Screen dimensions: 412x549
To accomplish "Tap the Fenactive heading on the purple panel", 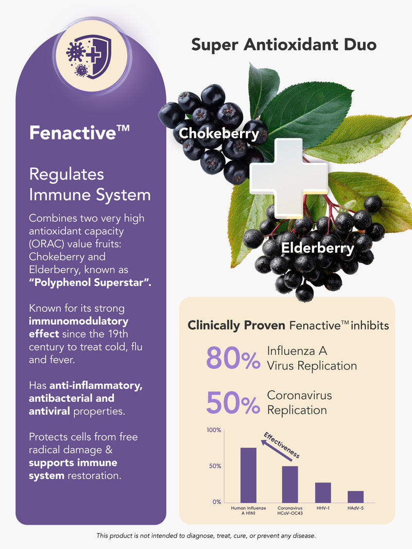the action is pyautogui.click(x=79, y=133).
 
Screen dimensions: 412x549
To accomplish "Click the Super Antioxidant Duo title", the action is pyautogui.click(x=284, y=45).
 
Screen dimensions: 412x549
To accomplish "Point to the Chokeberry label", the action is pyautogui.click(x=219, y=133).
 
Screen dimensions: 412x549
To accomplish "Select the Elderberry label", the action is pyautogui.click(x=318, y=248).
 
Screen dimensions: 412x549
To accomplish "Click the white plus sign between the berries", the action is pyautogui.click(x=289, y=178).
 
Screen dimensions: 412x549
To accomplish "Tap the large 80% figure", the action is pyautogui.click(x=233, y=358).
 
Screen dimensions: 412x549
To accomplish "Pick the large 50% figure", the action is pyautogui.click(x=233, y=402).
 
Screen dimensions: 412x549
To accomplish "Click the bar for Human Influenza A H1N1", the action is pyautogui.click(x=248, y=475).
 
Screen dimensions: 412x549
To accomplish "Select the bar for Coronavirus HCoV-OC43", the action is pyautogui.click(x=290, y=484).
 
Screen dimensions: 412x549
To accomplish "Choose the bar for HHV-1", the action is pyautogui.click(x=323, y=492).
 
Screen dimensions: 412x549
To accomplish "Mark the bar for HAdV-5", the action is pyautogui.click(x=355, y=497).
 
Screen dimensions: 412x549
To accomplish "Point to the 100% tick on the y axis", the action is pyautogui.click(x=214, y=430).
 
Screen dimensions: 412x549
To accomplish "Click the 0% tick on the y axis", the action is pyautogui.click(x=217, y=502).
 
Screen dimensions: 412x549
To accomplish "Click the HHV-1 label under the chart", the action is pyautogui.click(x=323, y=508).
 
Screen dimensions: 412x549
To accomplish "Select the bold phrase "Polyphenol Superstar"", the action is pyautogui.click(x=90, y=282).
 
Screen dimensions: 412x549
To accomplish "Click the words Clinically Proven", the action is pyautogui.click(x=236, y=325).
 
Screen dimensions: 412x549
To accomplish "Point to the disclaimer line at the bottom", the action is pyautogui.click(x=206, y=536).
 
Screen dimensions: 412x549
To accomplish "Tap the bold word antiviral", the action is pyautogui.click(x=49, y=411).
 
